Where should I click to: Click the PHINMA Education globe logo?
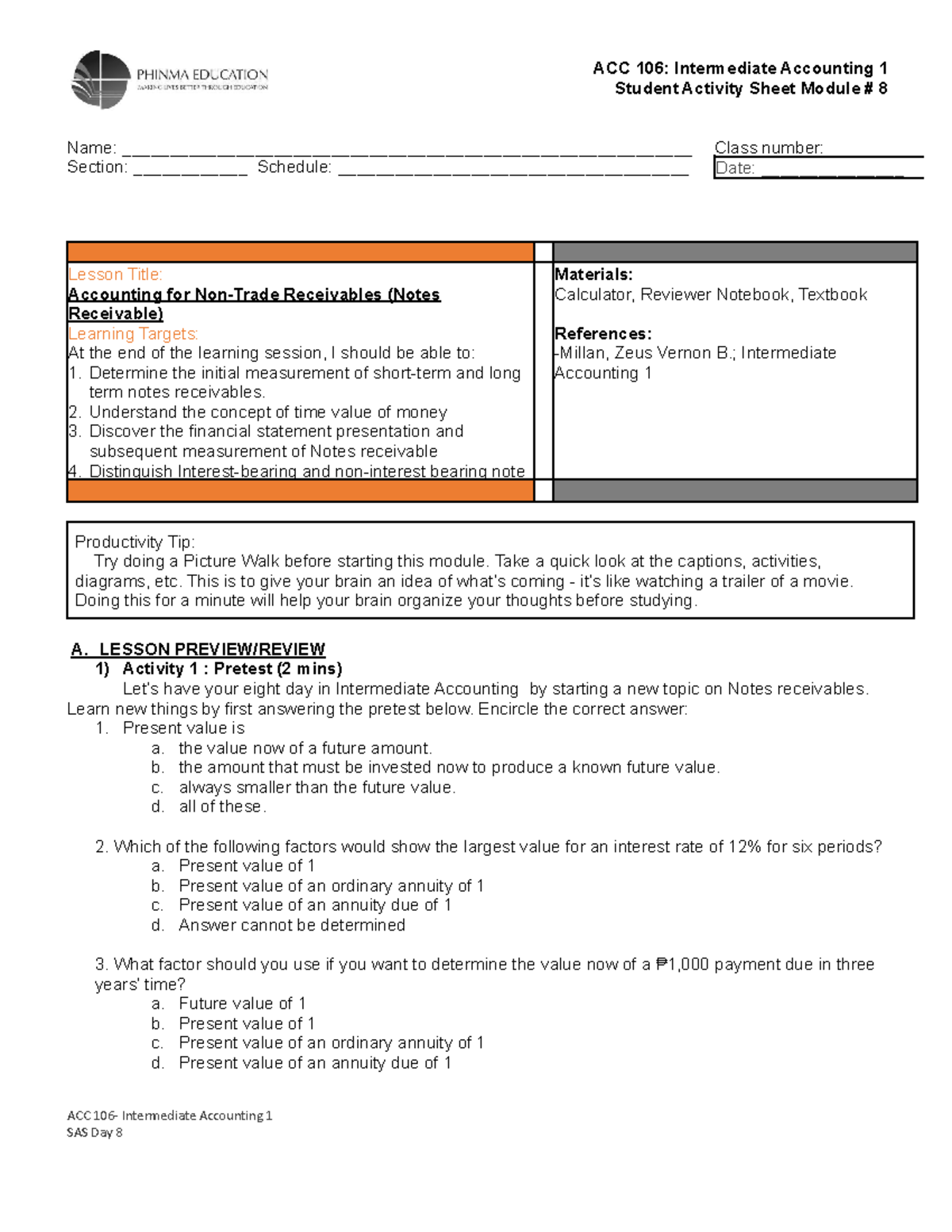101,79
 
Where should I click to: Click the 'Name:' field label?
91,148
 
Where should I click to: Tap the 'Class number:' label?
768,148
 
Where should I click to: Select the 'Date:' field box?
817,168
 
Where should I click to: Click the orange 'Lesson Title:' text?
115,274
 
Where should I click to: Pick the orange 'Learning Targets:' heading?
132,334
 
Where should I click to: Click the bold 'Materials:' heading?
593,274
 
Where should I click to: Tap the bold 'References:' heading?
603,334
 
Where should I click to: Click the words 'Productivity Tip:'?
134,542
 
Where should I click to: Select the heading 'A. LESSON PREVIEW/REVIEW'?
198,650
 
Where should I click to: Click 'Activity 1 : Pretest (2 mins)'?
232,669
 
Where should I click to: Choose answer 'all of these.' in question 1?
222,807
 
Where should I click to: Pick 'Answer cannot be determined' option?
291,925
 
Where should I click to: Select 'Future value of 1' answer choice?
242,1004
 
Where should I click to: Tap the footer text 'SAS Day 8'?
94,1132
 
